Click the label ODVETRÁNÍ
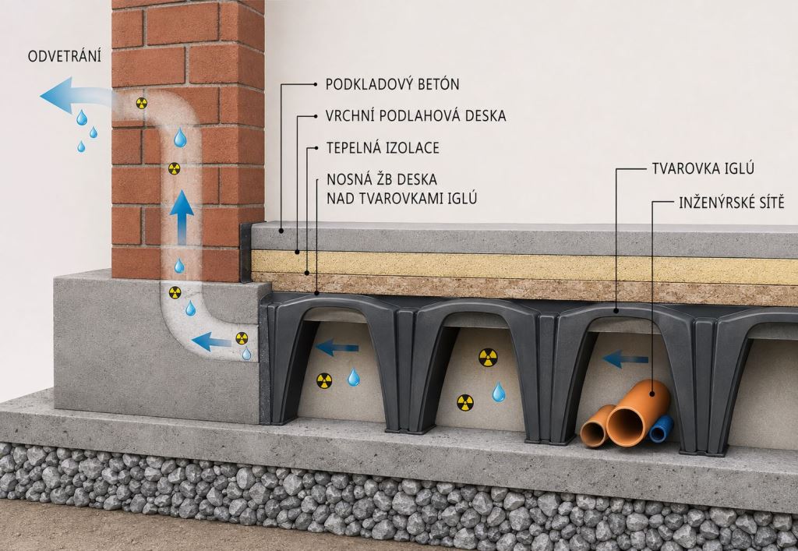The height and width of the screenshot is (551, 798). pyautogui.click(x=64, y=55)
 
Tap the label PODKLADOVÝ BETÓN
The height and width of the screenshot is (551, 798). pyautogui.click(x=393, y=84)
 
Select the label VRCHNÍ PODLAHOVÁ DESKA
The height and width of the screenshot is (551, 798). pyautogui.click(x=416, y=116)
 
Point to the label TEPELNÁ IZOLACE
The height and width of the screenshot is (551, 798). pyautogui.click(x=383, y=148)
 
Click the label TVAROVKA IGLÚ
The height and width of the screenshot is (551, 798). pyautogui.click(x=703, y=168)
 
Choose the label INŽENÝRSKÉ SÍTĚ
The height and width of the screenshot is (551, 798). pyautogui.click(x=731, y=203)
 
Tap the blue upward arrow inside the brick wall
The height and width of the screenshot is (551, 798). pyautogui.click(x=181, y=217)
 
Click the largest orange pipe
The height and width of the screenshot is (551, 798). pyautogui.click(x=637, y=412)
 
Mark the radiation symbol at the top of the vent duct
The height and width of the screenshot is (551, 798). pyautogui.click(x=142, y=104)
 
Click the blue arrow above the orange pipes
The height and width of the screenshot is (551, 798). pyautogui.click(x=625, y=359)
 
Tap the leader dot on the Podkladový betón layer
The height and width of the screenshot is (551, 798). pyautogui.click(x=281, y=231)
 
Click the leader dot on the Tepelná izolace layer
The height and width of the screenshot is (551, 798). pyautogui.click(x=307, y=274)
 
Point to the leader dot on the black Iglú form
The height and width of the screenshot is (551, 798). pyautogui.click(x=616, y=309)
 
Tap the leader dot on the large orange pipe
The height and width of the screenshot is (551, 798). pyautogui.click(x=652, y=394)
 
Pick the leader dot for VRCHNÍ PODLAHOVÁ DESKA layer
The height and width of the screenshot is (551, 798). pyautogui.click(x=297, y=251)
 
